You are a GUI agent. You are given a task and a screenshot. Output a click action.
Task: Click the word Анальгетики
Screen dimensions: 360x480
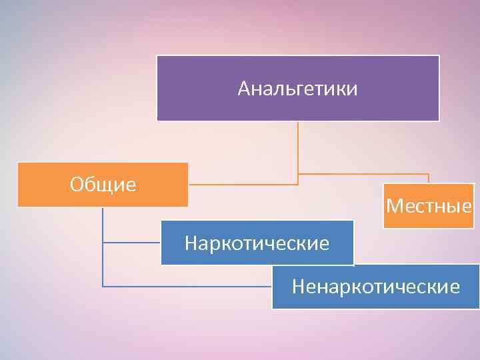coord(297,89)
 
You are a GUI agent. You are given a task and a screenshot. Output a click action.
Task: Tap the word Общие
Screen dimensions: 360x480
coord(103,184)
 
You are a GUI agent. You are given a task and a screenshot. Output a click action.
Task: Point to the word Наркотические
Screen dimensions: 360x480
coord(257,243)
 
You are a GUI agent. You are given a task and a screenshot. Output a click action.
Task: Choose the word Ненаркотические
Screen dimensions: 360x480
coord(376,287)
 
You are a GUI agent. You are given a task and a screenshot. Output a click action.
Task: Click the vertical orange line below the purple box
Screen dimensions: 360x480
coord(298,150)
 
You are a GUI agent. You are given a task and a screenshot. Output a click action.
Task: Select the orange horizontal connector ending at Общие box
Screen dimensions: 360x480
coord(243,183)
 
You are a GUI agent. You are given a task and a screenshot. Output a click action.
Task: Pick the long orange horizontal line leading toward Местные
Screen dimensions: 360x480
coord(363,175)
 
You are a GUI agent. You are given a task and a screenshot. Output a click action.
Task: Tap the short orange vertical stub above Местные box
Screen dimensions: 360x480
coord(429,179)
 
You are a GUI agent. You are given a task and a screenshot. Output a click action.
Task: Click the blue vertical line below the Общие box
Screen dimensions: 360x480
coord(103,247)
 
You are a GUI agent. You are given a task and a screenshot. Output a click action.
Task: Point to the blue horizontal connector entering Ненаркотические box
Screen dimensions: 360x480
coord(187,286)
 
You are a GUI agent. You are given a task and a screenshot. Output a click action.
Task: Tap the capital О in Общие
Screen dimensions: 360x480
coord(76,184)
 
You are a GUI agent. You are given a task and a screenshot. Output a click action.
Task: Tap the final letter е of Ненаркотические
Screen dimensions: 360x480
coord(455,287)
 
